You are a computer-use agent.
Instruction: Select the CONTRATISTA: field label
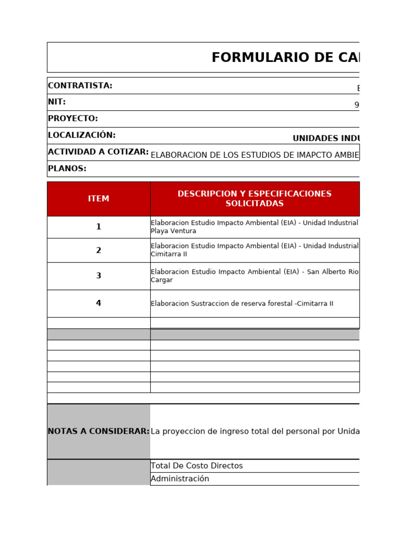(80, 86)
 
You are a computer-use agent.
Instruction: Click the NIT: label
(57, 102)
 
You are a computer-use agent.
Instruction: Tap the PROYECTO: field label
(73, 119)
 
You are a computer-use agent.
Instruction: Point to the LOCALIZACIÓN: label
(82, 135)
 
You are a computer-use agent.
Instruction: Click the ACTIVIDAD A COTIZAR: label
(98, 152)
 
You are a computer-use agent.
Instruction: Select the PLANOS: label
(67, 169)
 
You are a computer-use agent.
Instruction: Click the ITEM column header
(99, 199)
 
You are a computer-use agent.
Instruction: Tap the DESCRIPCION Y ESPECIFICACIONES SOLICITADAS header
(255, 199)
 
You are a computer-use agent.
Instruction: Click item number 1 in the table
(99, 227)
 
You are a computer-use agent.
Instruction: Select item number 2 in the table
(99, 250)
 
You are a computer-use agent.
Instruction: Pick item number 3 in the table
(99, 276)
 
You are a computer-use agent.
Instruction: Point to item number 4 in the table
(99, 303)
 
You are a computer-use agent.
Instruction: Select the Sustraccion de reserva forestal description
(242, 304)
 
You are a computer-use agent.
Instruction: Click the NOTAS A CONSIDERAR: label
(99, 432)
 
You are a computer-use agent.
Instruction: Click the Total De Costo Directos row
(196, 466)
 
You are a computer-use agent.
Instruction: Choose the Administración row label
(180, 479)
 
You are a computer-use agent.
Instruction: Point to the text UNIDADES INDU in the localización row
(326, 138)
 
